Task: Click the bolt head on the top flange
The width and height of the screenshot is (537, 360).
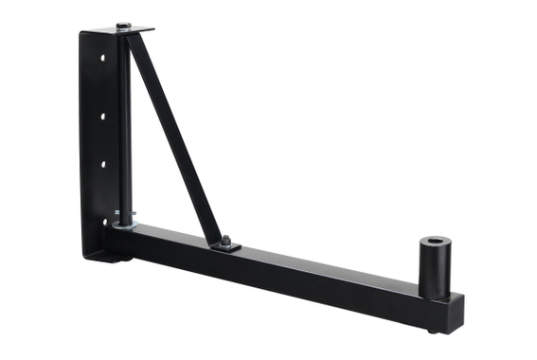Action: click(x=124, y=26)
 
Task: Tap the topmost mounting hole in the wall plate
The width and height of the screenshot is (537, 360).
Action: click(x=101, y=58)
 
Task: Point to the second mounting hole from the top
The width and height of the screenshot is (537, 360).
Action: click(x=101, y=117)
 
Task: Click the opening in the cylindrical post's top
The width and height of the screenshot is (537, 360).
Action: click(x=436, y=243)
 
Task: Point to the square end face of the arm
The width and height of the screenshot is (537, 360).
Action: click(x=456, y=313)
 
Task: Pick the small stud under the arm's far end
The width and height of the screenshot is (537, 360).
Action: click(x=432, y=330)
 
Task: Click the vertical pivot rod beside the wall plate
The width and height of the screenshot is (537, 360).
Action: click(x=124, y=123)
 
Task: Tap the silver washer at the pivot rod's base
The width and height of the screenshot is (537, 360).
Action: click(x=124, y=226)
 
